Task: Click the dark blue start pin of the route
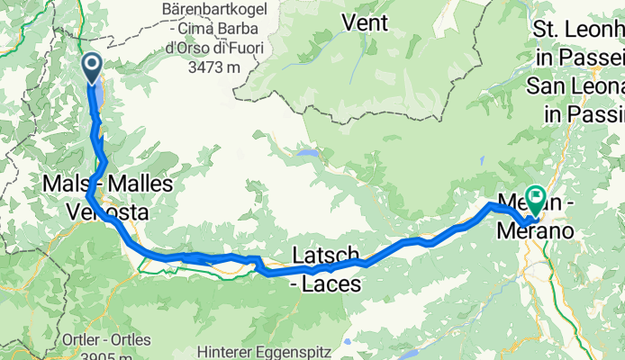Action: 92,66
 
